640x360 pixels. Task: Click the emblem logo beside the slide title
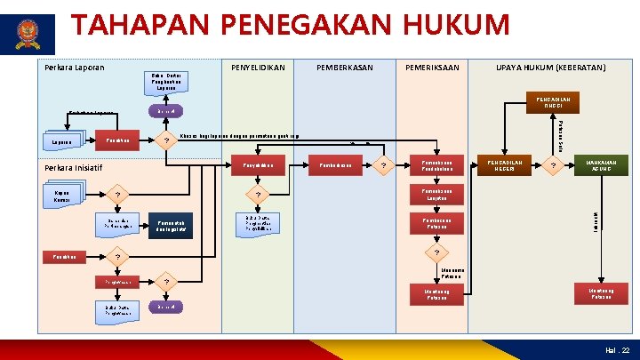coord(35,35)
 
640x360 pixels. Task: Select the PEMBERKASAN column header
coord(345,68)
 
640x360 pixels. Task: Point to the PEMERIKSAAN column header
coord(432,68)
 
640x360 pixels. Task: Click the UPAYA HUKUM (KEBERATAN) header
coord(550,68)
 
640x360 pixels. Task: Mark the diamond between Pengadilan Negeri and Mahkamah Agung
coord(552,165)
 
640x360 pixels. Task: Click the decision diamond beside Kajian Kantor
coord(116,195)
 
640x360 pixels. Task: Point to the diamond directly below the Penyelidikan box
coord(259,195)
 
